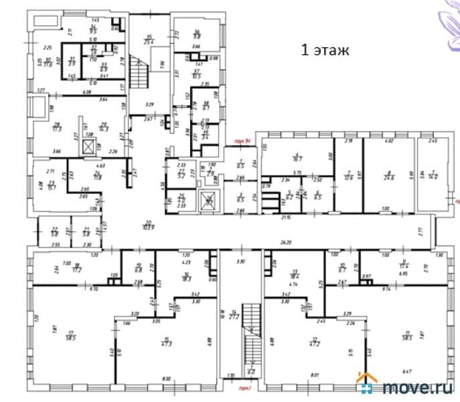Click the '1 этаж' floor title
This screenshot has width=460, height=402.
[324, 50]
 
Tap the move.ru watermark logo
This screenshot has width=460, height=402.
[407, 387]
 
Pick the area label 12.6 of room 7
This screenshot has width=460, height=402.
[349, 177]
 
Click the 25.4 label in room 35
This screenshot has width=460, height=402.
[149, 42]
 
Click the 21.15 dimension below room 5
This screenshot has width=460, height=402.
[286, 217]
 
